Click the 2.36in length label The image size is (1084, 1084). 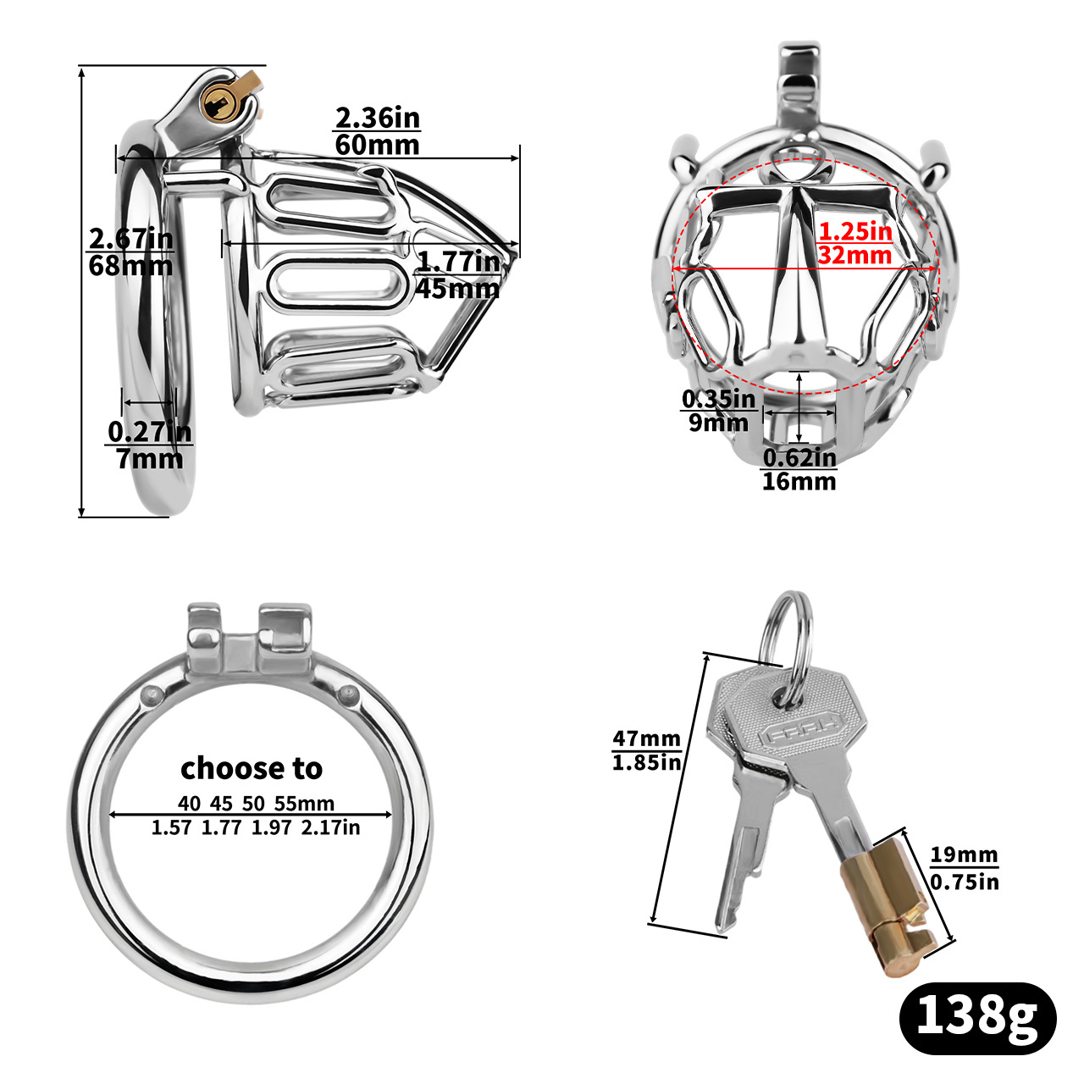pyautogui.click(x=377, y=117)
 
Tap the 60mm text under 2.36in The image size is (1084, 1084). pyautogui.click(x=377, y=145)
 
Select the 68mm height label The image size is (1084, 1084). pyautogui.click(x=130, y=266)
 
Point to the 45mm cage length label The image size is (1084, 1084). pyautogui.click(x=457, y=289)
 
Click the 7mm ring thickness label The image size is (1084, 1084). pyautogui.click(x=149, y=459)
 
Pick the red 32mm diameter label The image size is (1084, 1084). pyautogui.click(x=854, y=255)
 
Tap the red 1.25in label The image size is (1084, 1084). pyautogui.click(x=854, y=230)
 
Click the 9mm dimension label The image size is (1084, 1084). pyautogui.click(x=718, y=423)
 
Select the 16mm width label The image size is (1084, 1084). pyautogui.click(x=799, y=482)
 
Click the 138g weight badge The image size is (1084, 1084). pyautogui.click(x=976, y=1016)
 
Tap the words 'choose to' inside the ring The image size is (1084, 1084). pyautogui.click(x=252, y=768)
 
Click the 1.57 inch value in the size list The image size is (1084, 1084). pyautogui.click(x=172, y=827)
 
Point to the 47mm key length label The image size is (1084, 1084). pyautogui.click(x=646, y=739)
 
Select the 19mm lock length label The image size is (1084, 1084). pyautogui.click(x=964, y=854)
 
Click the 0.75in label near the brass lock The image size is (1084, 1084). pyautogui.click(x=964, y=882)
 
